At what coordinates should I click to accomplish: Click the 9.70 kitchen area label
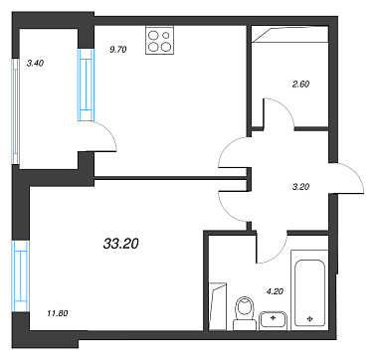[118, 50]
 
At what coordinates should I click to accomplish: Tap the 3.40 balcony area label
[35, 64]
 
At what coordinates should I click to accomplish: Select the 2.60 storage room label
[300, 85]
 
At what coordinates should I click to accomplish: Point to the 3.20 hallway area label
[300, 187]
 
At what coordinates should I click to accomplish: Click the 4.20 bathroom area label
[276, 291]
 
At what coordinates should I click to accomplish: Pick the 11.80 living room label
[58, 312]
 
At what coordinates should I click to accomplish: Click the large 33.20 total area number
[121, 245]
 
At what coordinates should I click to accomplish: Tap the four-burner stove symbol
[159, 41]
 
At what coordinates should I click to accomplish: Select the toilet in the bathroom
[245, 313]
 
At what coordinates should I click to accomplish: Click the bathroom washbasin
[273, 320]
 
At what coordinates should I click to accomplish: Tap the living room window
[21, 276]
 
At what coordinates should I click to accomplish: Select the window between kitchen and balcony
[87, 85]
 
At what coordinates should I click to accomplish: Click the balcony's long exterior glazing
[16, 111]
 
